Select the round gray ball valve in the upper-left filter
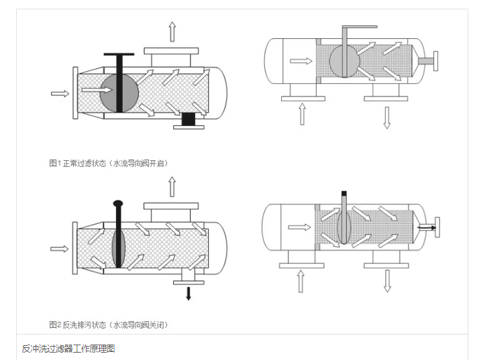point(119,91)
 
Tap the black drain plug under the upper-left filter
point(189,119)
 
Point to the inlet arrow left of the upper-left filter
point(60,93)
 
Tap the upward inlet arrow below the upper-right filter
point(302,114)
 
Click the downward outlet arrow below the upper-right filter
point(386,115)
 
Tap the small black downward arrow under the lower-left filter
point(189,292)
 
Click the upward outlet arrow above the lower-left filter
point(172,186)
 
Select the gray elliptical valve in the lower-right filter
point(344,225)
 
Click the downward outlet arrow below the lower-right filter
point(386,280)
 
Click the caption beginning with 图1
point(108,163)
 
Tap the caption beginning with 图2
point(108,324)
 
